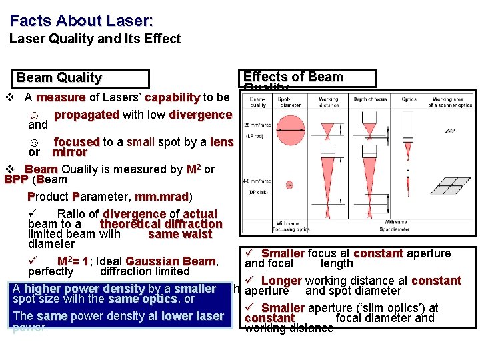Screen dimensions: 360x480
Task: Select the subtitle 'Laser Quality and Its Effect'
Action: (95, 39)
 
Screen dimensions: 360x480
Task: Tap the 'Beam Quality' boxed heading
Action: (59, 78)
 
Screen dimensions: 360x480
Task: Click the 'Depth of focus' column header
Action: (370, 99)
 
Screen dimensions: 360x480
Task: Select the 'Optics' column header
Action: (409, 99)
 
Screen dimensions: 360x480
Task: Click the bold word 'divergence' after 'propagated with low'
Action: (200, 115)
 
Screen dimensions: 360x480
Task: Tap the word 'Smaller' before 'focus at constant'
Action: (283, 253)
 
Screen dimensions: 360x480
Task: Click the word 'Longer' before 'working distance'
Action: (281, 281)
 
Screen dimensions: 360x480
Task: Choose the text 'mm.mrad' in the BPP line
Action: (161, 197)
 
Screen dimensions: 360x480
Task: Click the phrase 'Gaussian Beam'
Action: (170, 261)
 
